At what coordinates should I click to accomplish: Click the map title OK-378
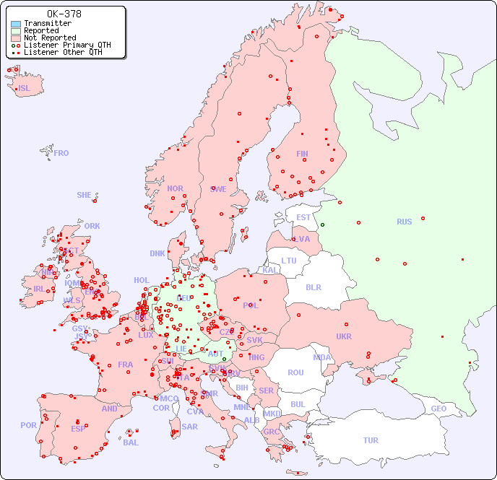point(64,14)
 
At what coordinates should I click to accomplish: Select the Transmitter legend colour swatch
point(16,24)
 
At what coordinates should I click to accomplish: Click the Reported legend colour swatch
point(16,31)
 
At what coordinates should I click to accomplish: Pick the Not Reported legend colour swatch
point(16,38)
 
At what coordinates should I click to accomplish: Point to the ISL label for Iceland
point(25,89)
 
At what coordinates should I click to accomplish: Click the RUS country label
point(404,222)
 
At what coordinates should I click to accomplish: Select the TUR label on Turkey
point(371,440)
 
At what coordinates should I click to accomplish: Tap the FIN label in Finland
point(302,154)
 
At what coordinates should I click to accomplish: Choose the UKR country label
point(344,336)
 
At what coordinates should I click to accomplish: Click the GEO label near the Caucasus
point(438,409)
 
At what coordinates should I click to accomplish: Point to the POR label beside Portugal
point(28,425)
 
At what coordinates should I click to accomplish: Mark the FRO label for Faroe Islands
point(61,153)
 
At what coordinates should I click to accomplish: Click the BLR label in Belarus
point(313,287)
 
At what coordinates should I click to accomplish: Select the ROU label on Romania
point(295,372)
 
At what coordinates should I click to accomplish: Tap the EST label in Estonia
point(303,217)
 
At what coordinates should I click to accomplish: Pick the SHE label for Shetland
point(85,195)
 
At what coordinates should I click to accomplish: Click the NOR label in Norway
point(175,188)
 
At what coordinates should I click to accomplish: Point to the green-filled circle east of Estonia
point(322,224)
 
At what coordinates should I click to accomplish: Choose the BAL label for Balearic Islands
point(131,442)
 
